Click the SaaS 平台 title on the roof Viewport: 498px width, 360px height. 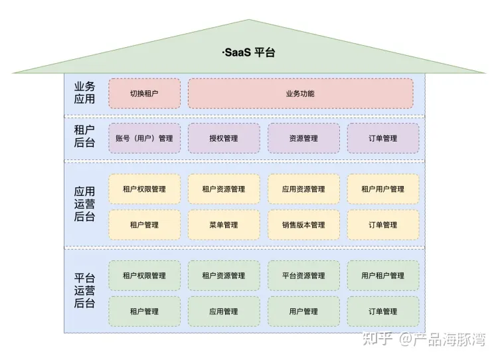[248, 52]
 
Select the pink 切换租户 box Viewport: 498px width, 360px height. [144, 94]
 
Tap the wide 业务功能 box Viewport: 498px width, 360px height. [300, 94]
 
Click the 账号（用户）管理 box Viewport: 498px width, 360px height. [144, 138]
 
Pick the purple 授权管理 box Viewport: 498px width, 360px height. [224, 138]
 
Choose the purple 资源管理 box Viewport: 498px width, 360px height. [303, 138]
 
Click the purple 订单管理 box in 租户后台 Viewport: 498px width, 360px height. [383, 138]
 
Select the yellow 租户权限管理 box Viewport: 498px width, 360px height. [144, 189]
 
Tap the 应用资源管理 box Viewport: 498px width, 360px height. [303, 189]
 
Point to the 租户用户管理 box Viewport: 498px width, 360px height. [383, 189]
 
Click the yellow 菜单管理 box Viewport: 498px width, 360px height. [224, 225]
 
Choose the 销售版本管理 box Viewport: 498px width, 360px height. [303, 225]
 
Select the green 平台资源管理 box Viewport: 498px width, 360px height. [303, 276]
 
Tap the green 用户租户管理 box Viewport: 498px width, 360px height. [383, 276]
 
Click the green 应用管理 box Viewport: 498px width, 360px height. [224, 311]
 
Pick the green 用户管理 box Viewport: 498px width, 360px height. [303, 311]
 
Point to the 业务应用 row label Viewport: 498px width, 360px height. [84, 93]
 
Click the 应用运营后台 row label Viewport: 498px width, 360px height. [84, 204]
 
